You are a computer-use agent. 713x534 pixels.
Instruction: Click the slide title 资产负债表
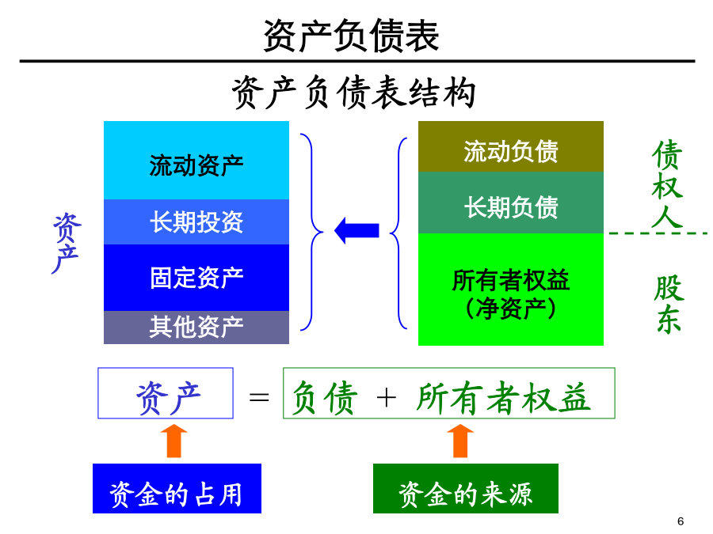pyautogui.click(x=351, y=36)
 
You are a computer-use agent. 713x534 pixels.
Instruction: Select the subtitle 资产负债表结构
pyautogui.click(x=354, y=93)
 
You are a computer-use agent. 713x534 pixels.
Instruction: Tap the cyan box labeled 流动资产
pyautogui.click(x=196, y=161)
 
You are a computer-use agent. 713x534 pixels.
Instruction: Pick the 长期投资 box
pyautogui.click(x=196, y=222)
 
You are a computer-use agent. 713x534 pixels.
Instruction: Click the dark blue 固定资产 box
pyautogui.click(x=196, y=278)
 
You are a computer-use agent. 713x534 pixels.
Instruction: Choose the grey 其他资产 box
pyautogui.click(x=196, y=328)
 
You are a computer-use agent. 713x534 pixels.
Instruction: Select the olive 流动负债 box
pyautogui.click(x=511, y=146)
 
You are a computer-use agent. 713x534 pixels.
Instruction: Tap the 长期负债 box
pyautogui.click(x=511, y=203)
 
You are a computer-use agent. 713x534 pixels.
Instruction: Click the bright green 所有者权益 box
pyautogui.click(x=511, y=290)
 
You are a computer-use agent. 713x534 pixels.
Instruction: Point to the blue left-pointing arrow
pyautogui.click(x=357, y=230)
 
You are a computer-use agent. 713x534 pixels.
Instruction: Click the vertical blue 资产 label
pyautogui.click(x=67, y=244)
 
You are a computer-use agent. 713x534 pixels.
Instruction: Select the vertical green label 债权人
pyautogui.click(x=667, y=184)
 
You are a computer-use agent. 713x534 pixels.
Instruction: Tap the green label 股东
pyautogui.click(x=669, y=305)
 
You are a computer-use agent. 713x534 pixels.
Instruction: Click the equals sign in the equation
pyautogui.click(x=259, y=397)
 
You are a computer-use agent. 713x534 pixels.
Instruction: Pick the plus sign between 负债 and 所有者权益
pyautogui.click(x=386, y=398)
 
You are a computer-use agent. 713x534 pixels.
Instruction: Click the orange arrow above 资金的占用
pyautogui.click(x=174, y=441)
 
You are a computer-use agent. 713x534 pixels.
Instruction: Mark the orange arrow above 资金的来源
pyautogui.click(x=460, y=441)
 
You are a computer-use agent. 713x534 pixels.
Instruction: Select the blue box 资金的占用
pyautogui.click(x=177, y=489)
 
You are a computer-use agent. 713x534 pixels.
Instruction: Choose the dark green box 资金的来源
pyautogui.click(x=466, y=489)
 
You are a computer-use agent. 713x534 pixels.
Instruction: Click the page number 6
pyautogui.click(x=681, y=521)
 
